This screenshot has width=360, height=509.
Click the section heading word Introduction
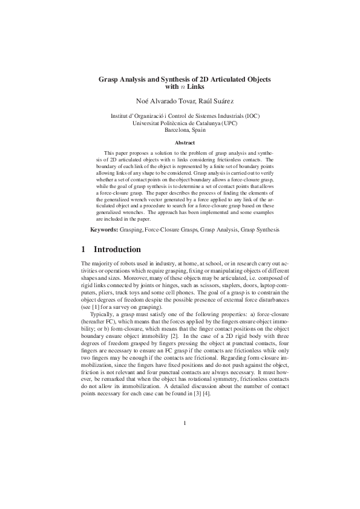118,250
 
